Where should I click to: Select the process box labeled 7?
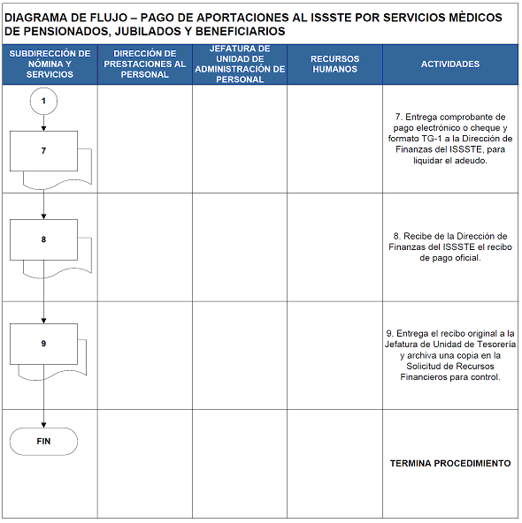click(x=43, y=151)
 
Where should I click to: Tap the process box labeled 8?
click(x=43, y=239)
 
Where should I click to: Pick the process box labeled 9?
click(x=43, y=344)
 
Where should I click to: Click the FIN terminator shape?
click(x=43, y=442)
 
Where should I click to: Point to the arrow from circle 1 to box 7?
click(x=43, y=123)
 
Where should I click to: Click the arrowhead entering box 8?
click(x=43, y=216)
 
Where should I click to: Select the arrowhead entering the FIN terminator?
click(x=43, y=425)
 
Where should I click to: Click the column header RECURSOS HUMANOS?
click(x=334, y=64)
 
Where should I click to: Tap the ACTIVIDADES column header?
click(x=450, y=64)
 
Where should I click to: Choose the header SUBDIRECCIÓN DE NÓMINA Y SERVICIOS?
click(x=50, y=64)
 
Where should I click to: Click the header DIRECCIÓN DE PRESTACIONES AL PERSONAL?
click(x=144, y=64)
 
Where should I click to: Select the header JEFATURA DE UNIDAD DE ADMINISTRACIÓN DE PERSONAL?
click(x=240, y=64)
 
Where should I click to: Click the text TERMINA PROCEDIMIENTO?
click(x=450, y=463)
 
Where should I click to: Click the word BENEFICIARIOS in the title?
click(x=240, y=31)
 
